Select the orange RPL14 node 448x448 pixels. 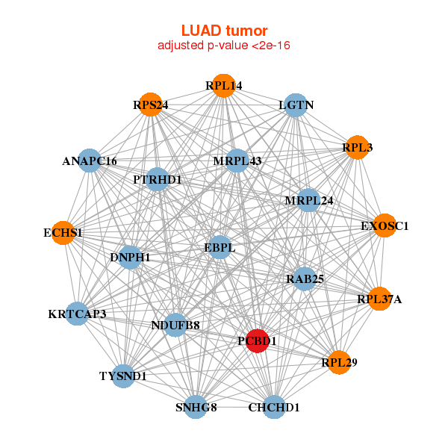click(x=223, y=86)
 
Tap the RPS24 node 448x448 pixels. click(x=150, y=105)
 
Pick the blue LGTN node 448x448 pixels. click(x=296, y=105)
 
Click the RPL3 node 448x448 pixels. click(x=357, y=148)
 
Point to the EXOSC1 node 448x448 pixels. click(x=385, y=225)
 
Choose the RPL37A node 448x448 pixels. click(x=379, y=299)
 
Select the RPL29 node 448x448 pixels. click(x=339, y=363)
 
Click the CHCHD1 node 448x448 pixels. click(x=273, y=407)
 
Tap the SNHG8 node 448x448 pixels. click(x=196, y=407)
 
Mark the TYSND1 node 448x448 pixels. click(x=123, y=376)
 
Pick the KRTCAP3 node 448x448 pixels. click(x=77, y=314)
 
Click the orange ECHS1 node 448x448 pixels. click(x=63, y=233)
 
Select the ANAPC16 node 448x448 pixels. click(x=90, y=161)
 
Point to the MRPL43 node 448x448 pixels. click(x=236, y=161)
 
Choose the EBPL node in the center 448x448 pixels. click(x=219, y=247)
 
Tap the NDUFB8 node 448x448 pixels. click(x=175, y=325)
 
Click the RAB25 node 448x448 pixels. click(x=304, y=279)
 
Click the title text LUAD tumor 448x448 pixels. click(x=224, y=31)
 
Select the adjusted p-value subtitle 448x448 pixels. click(x=224, y=46)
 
